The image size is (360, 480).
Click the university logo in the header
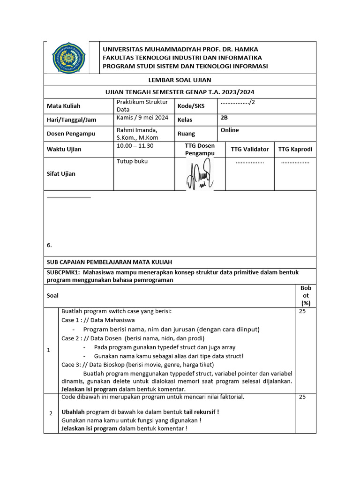pos(69,57)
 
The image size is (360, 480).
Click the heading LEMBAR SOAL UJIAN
pos(180,80)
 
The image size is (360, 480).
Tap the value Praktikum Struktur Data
pos(138,105)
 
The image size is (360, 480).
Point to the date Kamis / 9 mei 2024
pos(142,118)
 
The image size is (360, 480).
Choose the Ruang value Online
pos(230,130)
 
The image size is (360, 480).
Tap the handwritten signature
pos(200,174)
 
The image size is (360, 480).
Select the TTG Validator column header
pos(250,149)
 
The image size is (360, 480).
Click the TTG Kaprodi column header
pos(295,149)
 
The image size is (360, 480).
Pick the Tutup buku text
pos(132,161)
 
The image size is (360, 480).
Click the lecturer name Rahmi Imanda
pos(137,130)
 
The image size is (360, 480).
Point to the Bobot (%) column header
pos(306,296)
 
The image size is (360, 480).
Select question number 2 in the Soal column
pos(51,413)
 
